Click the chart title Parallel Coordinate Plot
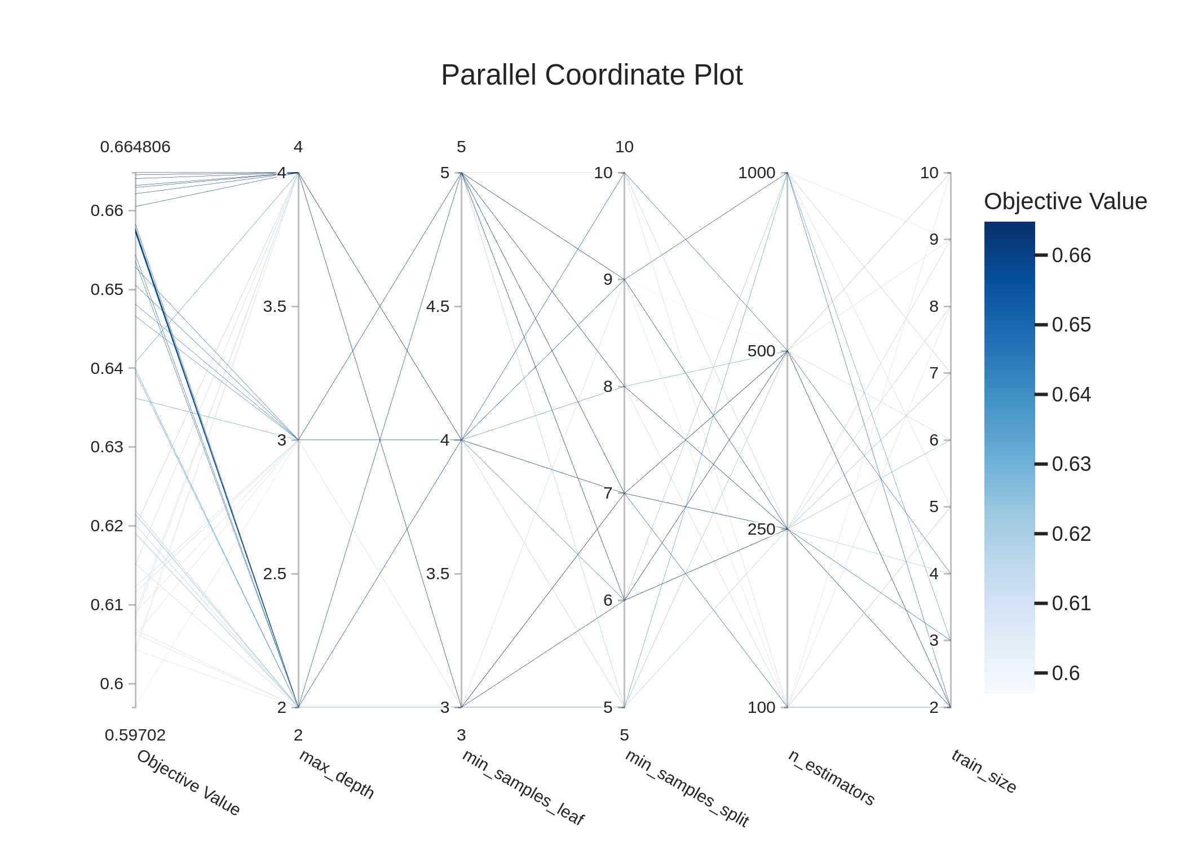point(591,75)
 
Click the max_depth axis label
point(337,774)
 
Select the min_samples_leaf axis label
point(523,787)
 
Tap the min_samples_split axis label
point(687,788)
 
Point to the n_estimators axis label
point(831,777)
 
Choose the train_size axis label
point(984,771)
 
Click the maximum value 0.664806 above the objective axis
point(135,147)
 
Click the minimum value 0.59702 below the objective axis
point(135,735)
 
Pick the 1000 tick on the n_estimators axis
point(757,173)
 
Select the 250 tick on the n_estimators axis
point(761,529)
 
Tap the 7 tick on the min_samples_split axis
point(608,493)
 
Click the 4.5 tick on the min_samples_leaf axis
point(438,307)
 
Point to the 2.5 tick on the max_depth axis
point(275,574)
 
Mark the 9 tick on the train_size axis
point(934,240)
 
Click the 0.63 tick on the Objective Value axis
point(107,447)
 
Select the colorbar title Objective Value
point(1065,201)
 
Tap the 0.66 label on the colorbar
point(1071,255)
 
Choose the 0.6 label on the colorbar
point(1066,673)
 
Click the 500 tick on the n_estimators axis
point(761,351)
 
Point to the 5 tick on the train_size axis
point(934,507)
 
